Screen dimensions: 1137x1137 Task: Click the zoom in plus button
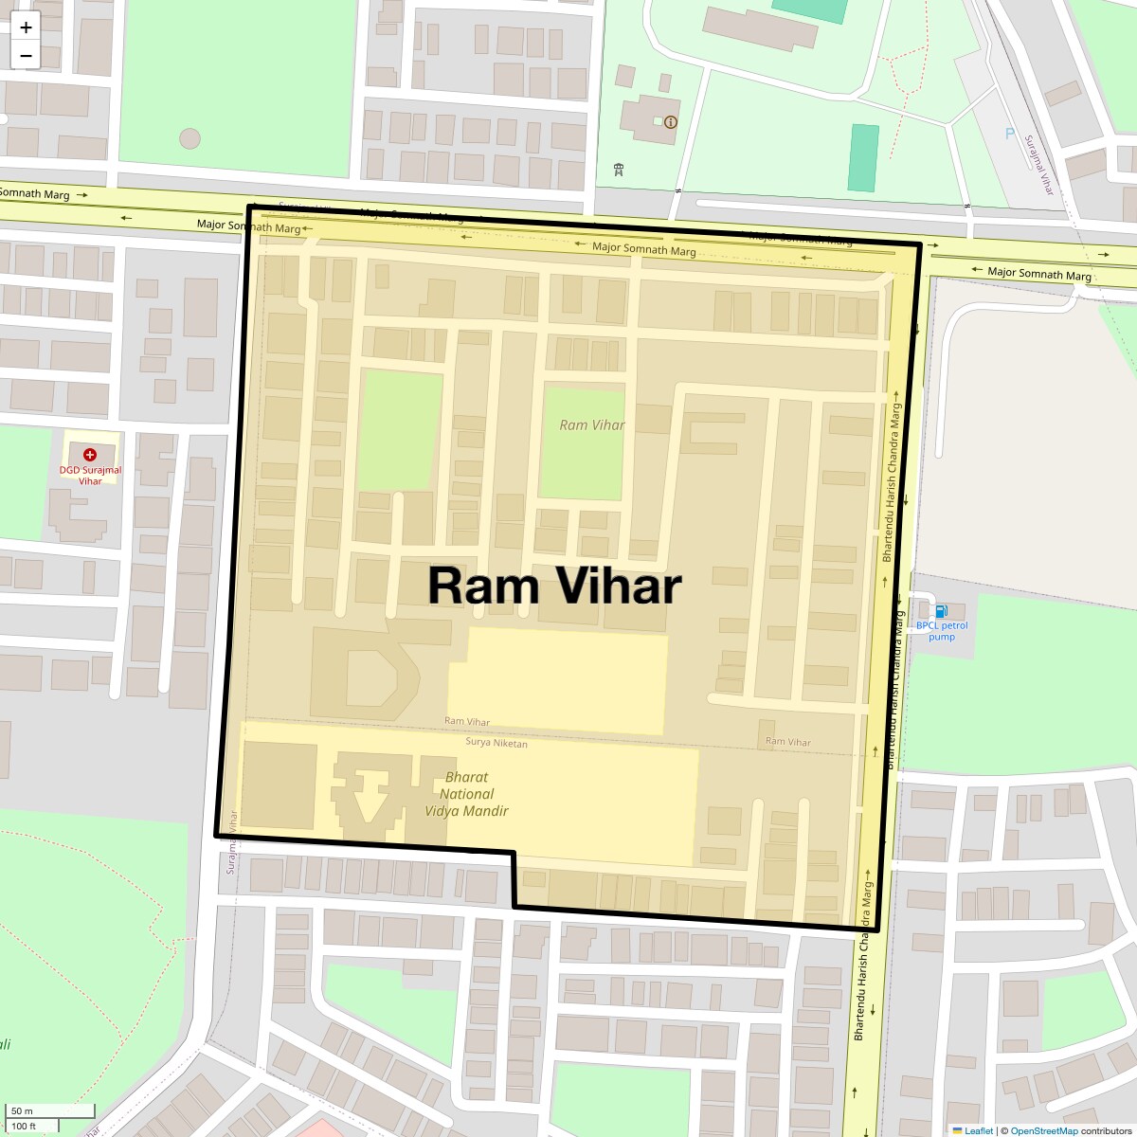(26, 27)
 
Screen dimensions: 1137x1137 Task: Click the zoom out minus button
(26, 56)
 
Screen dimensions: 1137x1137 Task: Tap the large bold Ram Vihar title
(554, 586)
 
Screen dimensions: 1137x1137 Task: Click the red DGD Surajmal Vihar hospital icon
(90, 455)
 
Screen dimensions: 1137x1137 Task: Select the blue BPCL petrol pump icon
(941, 611)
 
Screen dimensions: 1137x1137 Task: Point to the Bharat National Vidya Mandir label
(466, 794)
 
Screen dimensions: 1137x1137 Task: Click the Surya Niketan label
(496, 743)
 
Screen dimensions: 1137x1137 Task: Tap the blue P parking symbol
(1010, 134)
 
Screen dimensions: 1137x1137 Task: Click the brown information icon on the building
(671, 122)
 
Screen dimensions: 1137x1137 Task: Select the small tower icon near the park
(619, 170)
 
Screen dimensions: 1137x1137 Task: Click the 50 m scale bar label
(23, 1110)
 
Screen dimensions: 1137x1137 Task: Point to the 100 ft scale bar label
(25, 1127)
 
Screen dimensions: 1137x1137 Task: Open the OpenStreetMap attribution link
(1043, 1130)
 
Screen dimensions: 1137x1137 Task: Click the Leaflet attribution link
(979, 1130)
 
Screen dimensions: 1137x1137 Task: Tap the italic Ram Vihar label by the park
(592, 425)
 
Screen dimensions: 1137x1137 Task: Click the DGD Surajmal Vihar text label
(90, 476)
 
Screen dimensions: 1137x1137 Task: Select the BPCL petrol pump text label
(942, 631)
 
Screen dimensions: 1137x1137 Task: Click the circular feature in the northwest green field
(189, 138)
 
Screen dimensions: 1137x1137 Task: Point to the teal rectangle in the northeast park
(862, 157)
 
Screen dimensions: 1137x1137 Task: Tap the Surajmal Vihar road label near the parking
(1038, 165)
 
